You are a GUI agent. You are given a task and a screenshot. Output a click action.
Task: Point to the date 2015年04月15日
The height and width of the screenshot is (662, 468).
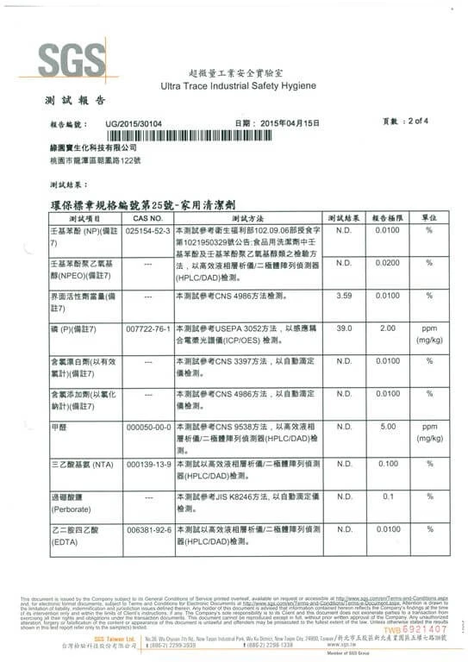290,124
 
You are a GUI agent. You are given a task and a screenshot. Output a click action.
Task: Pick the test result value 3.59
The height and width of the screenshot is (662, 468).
344,295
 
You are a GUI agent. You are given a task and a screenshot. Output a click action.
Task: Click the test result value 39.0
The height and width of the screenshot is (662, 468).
344,328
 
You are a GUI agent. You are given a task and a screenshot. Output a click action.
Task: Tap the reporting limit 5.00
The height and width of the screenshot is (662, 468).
387,426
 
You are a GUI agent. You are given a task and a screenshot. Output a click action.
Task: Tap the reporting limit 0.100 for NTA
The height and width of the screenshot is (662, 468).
387,464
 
